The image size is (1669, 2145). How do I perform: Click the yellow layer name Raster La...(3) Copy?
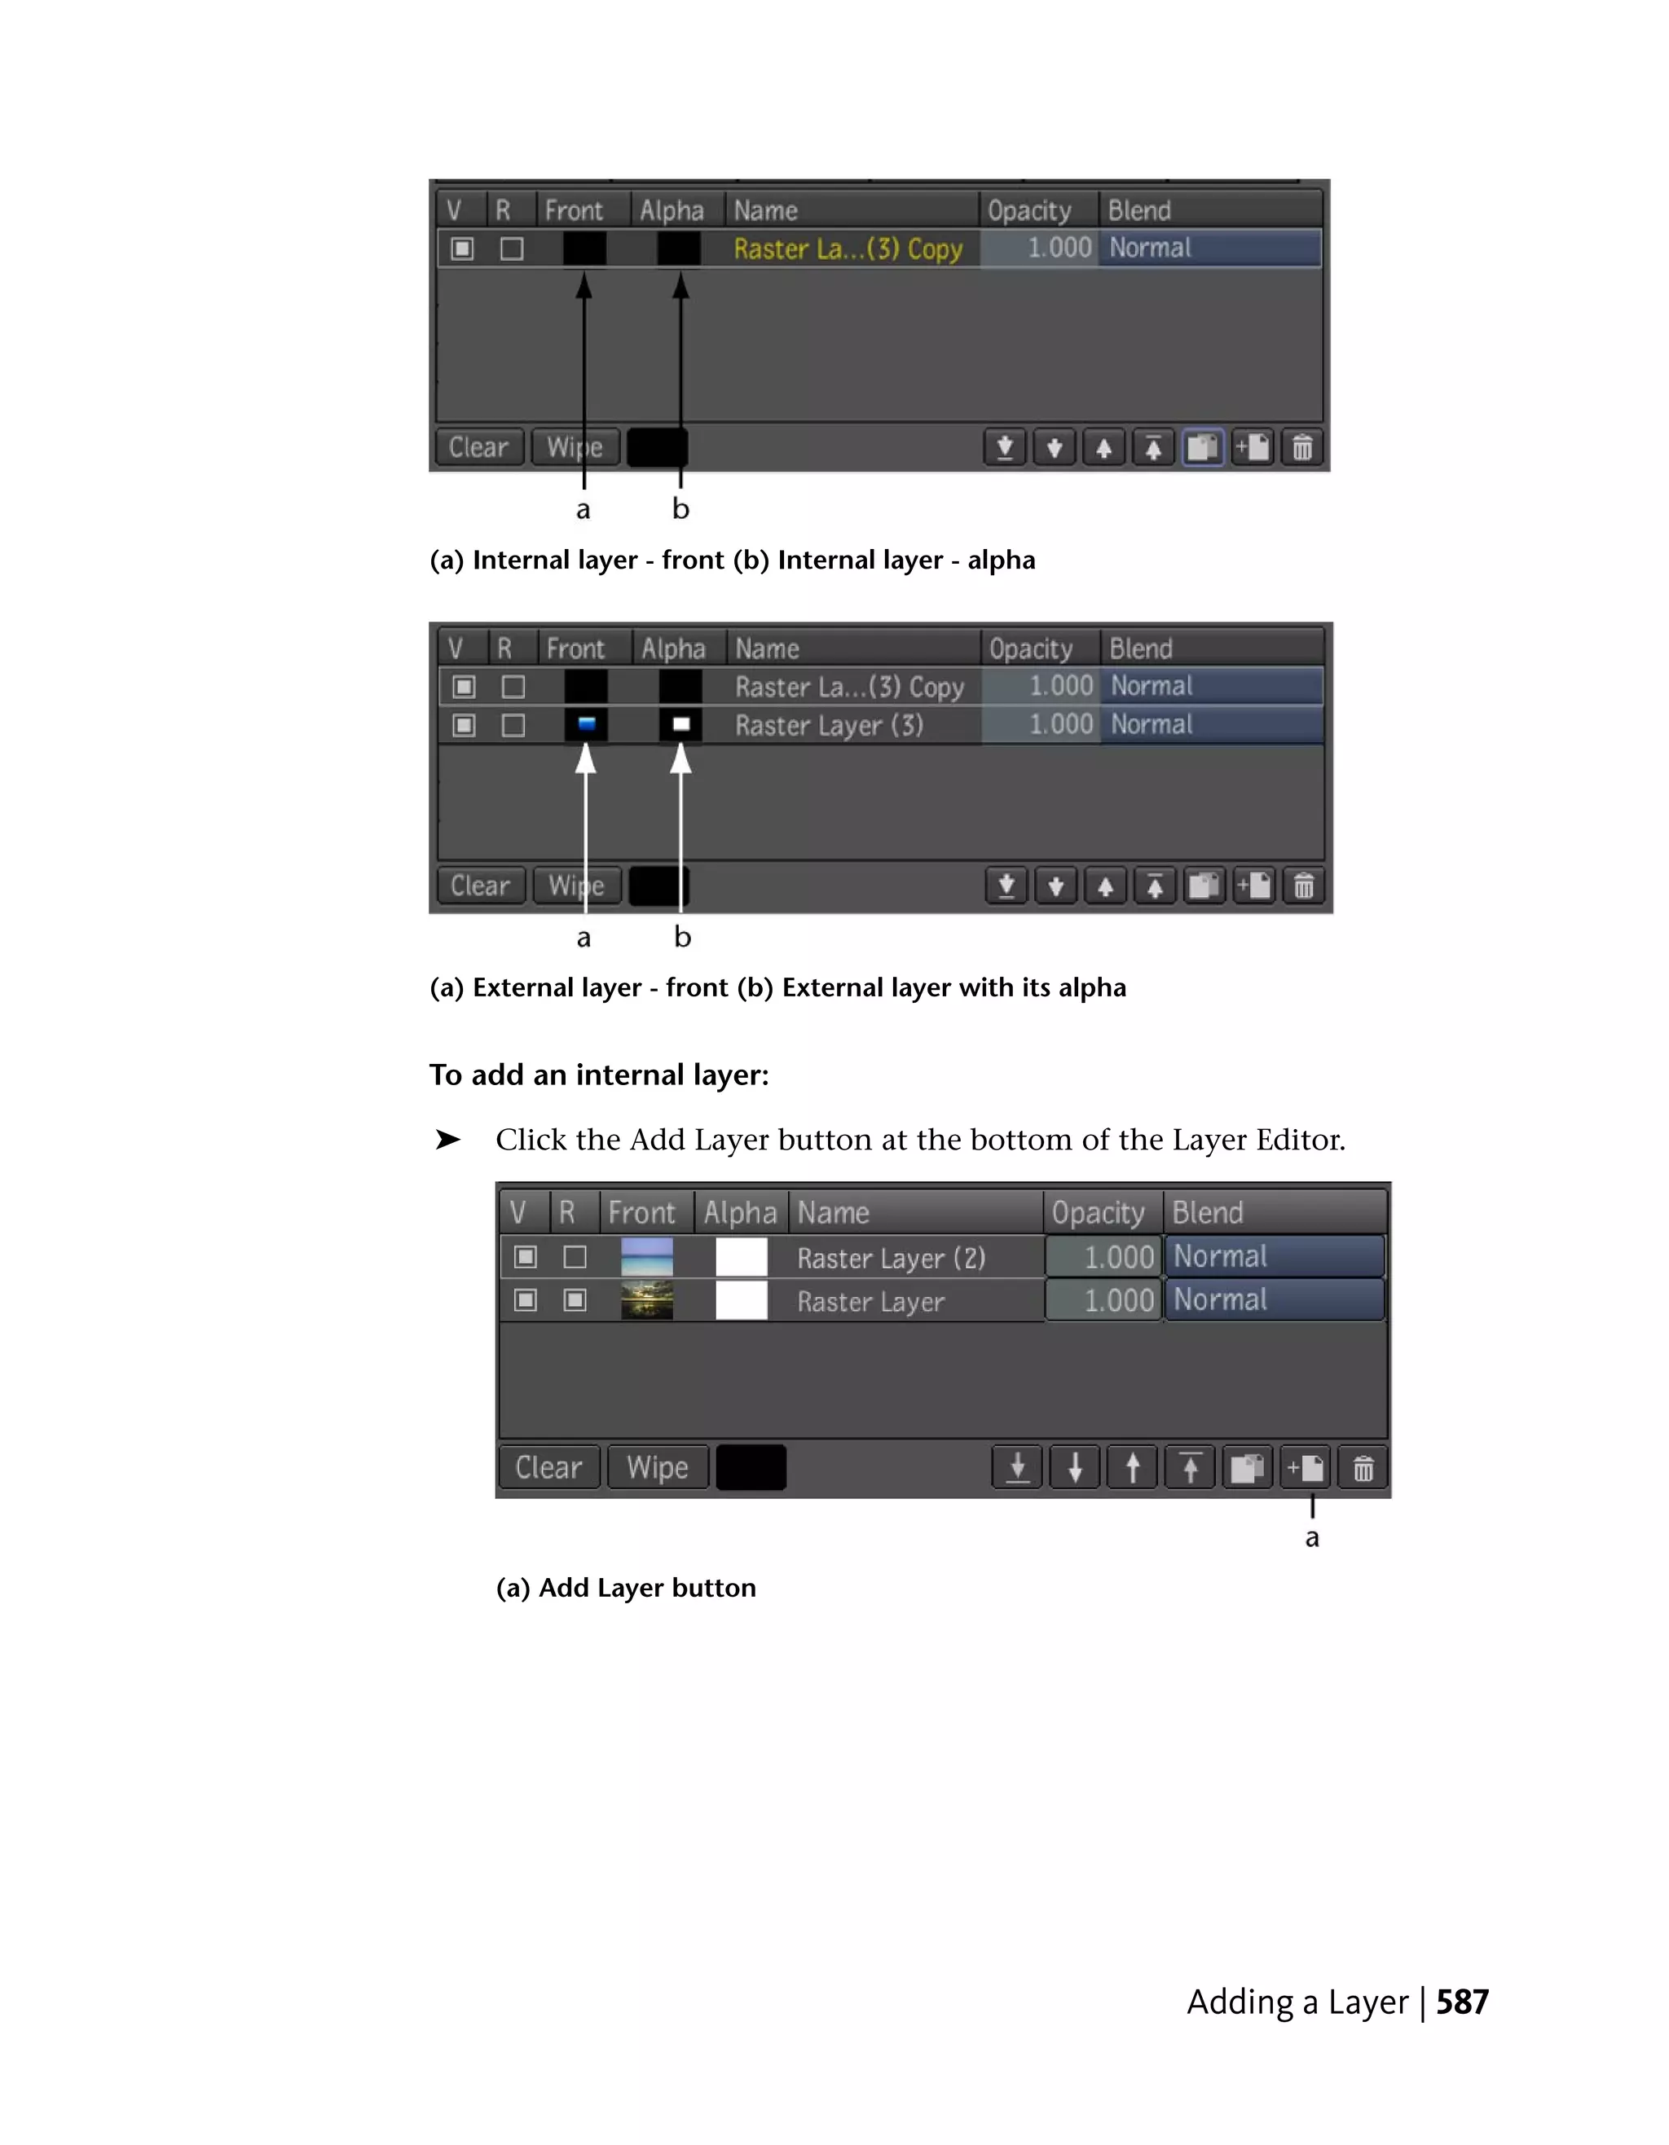pos(847,248)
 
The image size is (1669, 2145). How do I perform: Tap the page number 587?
pos(1462,2002)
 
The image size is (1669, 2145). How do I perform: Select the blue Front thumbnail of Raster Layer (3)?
pos(587,725)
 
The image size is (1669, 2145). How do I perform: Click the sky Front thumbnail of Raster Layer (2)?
pos(646,1257)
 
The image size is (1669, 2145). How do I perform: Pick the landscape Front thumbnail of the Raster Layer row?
pos(646,1300)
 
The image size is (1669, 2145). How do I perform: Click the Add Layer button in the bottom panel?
pos(1306,1468)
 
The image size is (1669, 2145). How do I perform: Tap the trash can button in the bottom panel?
pos(1363,1468)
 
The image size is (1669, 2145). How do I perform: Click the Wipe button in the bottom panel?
pos(657,1467)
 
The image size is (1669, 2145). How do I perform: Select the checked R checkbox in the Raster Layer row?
pos(575,1300)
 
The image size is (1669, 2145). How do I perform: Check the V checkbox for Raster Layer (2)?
pos(526,1257)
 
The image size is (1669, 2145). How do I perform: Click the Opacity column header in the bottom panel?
pos(1099,1213)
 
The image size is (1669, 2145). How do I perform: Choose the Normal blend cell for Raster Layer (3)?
pos(1210,725)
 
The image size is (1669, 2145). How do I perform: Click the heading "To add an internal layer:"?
pos(598,1075)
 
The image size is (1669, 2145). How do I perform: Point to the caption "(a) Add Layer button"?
pos(626,1588)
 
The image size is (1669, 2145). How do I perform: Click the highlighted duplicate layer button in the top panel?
pos(1202,448)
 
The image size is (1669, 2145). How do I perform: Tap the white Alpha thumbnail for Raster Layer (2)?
pos(741,1257)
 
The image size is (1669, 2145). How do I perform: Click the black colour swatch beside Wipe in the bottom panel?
pos(751,1467)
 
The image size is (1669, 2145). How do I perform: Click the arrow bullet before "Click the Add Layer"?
pos(448,1139)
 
